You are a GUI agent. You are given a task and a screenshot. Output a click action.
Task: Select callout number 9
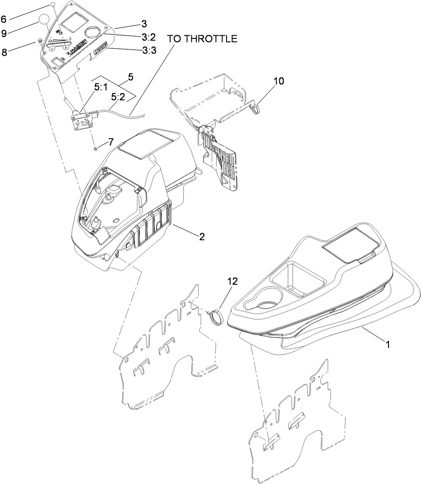pyautogui.click(x=4, y=33)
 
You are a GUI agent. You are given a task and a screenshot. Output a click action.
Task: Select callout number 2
pyautogui.click(x=202, y=236)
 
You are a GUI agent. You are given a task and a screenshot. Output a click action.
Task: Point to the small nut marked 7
pyautogui.click(x=96, y=148)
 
